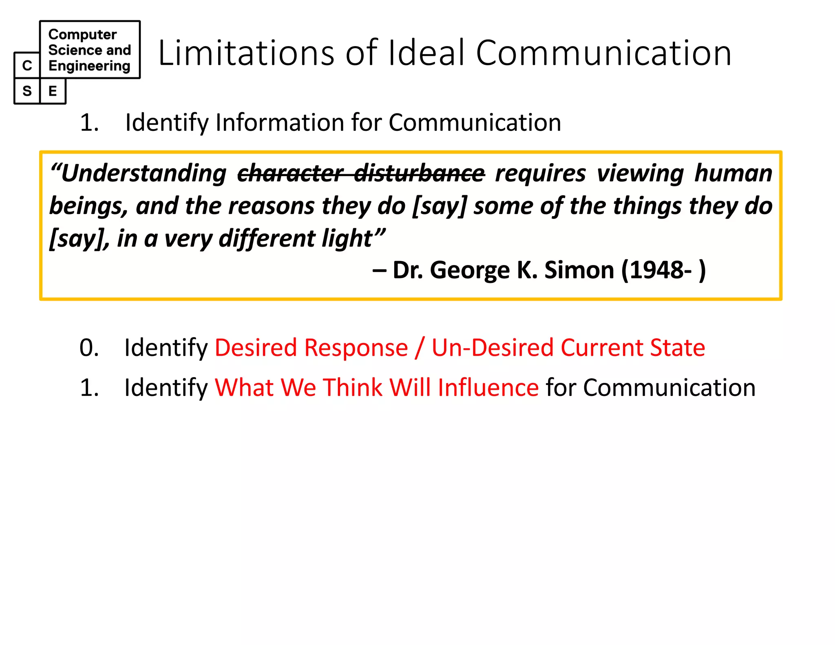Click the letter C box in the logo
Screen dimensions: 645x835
click(x=27, y=65)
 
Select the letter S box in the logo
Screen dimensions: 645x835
click(x=27, y=91)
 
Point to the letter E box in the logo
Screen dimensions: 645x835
click(x=53, y=91)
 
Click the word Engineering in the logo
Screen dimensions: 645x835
click(x=89, y=66)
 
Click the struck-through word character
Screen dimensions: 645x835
click(x=290, y=173)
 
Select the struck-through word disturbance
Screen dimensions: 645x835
click(x=420, y=173)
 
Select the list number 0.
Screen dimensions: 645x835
click(x=89, y=348)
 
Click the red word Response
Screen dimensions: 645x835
click(x=356, y=348)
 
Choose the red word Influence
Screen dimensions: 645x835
click(x=488, y=387)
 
